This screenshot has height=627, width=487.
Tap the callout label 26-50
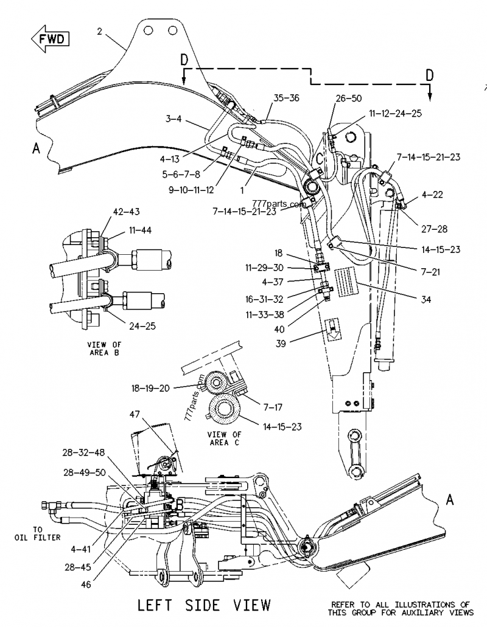tap(348, 98)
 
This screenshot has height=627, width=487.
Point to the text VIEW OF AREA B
tap(103, 348)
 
